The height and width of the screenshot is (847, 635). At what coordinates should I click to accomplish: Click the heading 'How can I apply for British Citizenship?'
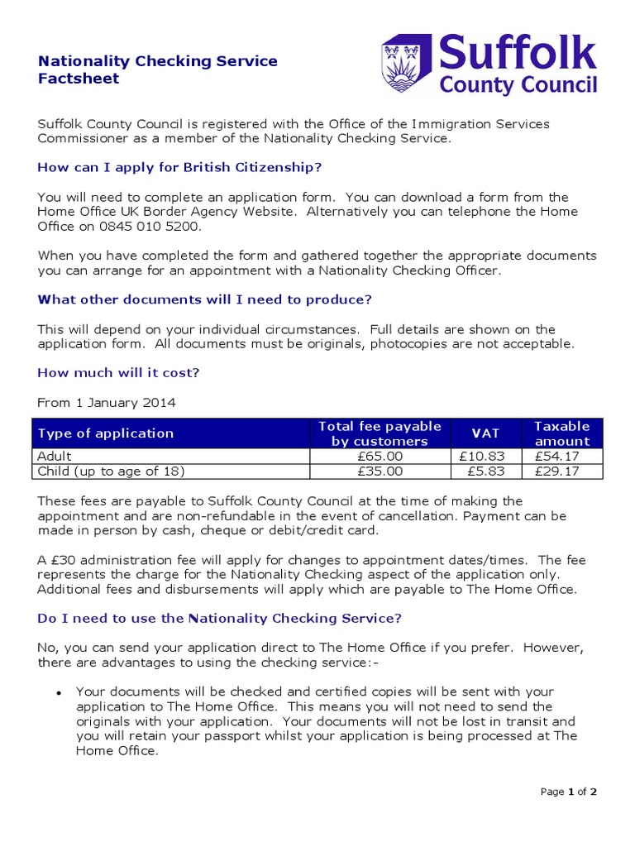(179, 167)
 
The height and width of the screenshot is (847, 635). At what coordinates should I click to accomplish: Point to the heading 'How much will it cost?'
(118, 373)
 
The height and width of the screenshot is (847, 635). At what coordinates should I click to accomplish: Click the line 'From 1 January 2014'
(107, 403)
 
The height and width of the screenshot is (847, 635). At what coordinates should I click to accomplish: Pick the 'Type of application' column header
(106, 433)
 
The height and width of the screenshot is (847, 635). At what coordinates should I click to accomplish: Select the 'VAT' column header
(485, 433)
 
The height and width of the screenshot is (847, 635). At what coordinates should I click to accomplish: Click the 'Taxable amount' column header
(562, 433)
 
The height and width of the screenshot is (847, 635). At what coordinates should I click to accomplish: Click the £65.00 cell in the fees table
(380, 456)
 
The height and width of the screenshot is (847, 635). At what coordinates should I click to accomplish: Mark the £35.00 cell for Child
(380, 471)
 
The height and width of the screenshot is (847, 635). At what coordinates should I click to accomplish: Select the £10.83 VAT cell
(485, 456)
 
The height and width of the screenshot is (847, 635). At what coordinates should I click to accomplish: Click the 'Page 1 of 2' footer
(568, 792)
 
